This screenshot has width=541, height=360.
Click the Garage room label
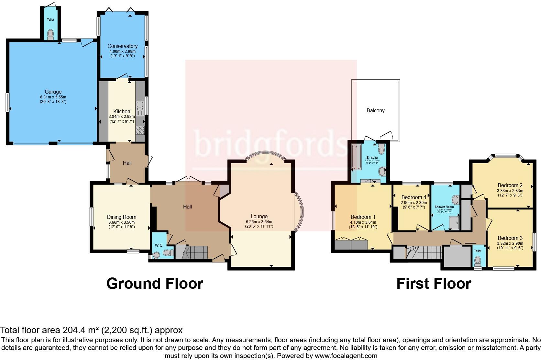(53, 92)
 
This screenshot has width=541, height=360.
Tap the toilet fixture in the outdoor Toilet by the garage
(50, 34)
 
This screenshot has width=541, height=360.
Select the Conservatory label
(122, 46)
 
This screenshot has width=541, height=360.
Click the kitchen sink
(140, 108)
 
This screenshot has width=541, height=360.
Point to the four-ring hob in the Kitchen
(140, 130)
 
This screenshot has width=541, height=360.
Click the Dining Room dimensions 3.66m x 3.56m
(122, 222)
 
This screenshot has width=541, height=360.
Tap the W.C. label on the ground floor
(159, 245)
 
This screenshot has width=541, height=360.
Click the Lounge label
(259, 216)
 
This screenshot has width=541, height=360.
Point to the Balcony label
(375, 110)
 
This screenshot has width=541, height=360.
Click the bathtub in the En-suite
(357, 158)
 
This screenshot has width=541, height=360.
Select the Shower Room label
(444, 207)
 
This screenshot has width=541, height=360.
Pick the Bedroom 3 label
(510, 238)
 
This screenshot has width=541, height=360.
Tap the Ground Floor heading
(155, 284)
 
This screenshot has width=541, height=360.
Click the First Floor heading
(434, 284)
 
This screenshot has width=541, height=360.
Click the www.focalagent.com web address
(346, 356)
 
